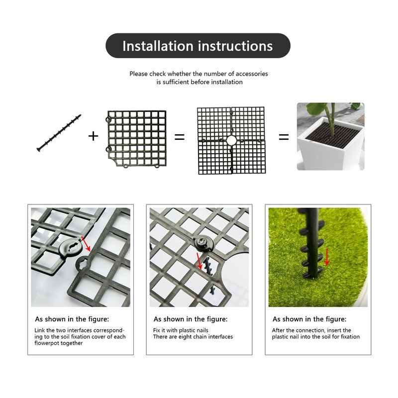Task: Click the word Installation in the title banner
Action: pos(158,46)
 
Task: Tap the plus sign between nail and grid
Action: pos(93,136)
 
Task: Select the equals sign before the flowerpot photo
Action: pos(284,137)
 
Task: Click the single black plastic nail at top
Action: pos(59,133)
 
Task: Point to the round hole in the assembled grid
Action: pos(231,140)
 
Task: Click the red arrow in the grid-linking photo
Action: pos(86,244)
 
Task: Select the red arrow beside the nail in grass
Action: pos(327,257)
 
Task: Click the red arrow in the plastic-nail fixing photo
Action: pos(199,261)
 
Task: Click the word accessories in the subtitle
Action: pos(252,74)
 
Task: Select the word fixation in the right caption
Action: pos(350,337)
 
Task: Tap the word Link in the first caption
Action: pos(40,330)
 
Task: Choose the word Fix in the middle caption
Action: pos(157,330)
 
